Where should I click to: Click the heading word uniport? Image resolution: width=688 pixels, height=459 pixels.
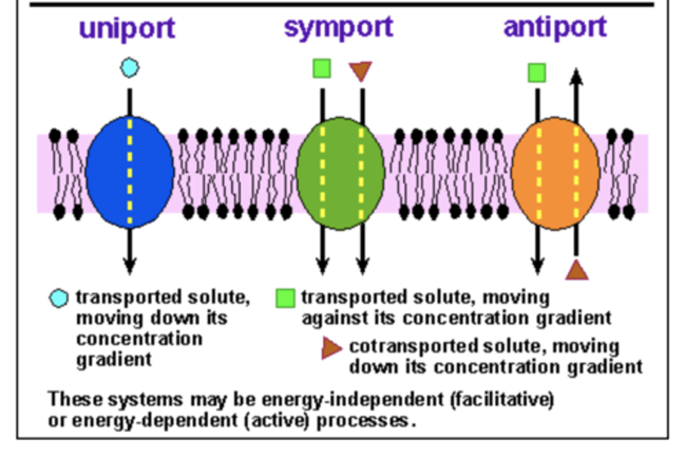pos(127,29)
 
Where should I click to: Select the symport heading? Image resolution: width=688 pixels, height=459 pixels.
pos(338,28)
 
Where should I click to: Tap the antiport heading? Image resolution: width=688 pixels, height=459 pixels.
pos(555,27)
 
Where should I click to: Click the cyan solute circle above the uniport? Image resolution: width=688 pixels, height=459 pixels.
pos(129,68)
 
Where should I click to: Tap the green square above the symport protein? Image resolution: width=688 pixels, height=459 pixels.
pos(322,68)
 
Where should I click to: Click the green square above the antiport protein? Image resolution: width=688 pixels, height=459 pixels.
pos(537,73)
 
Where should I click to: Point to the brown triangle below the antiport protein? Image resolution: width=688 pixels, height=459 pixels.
pos(577,271)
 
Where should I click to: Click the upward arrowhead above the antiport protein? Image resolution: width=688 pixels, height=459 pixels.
pos(576,76)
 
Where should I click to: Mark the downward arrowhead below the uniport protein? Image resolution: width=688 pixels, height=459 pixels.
pos(129,266)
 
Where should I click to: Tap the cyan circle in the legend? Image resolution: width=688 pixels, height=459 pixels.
pos(59,299)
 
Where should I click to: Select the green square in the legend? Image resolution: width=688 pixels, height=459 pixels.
pos(285,298)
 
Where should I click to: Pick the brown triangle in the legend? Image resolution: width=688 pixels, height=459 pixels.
pos(331,348)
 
